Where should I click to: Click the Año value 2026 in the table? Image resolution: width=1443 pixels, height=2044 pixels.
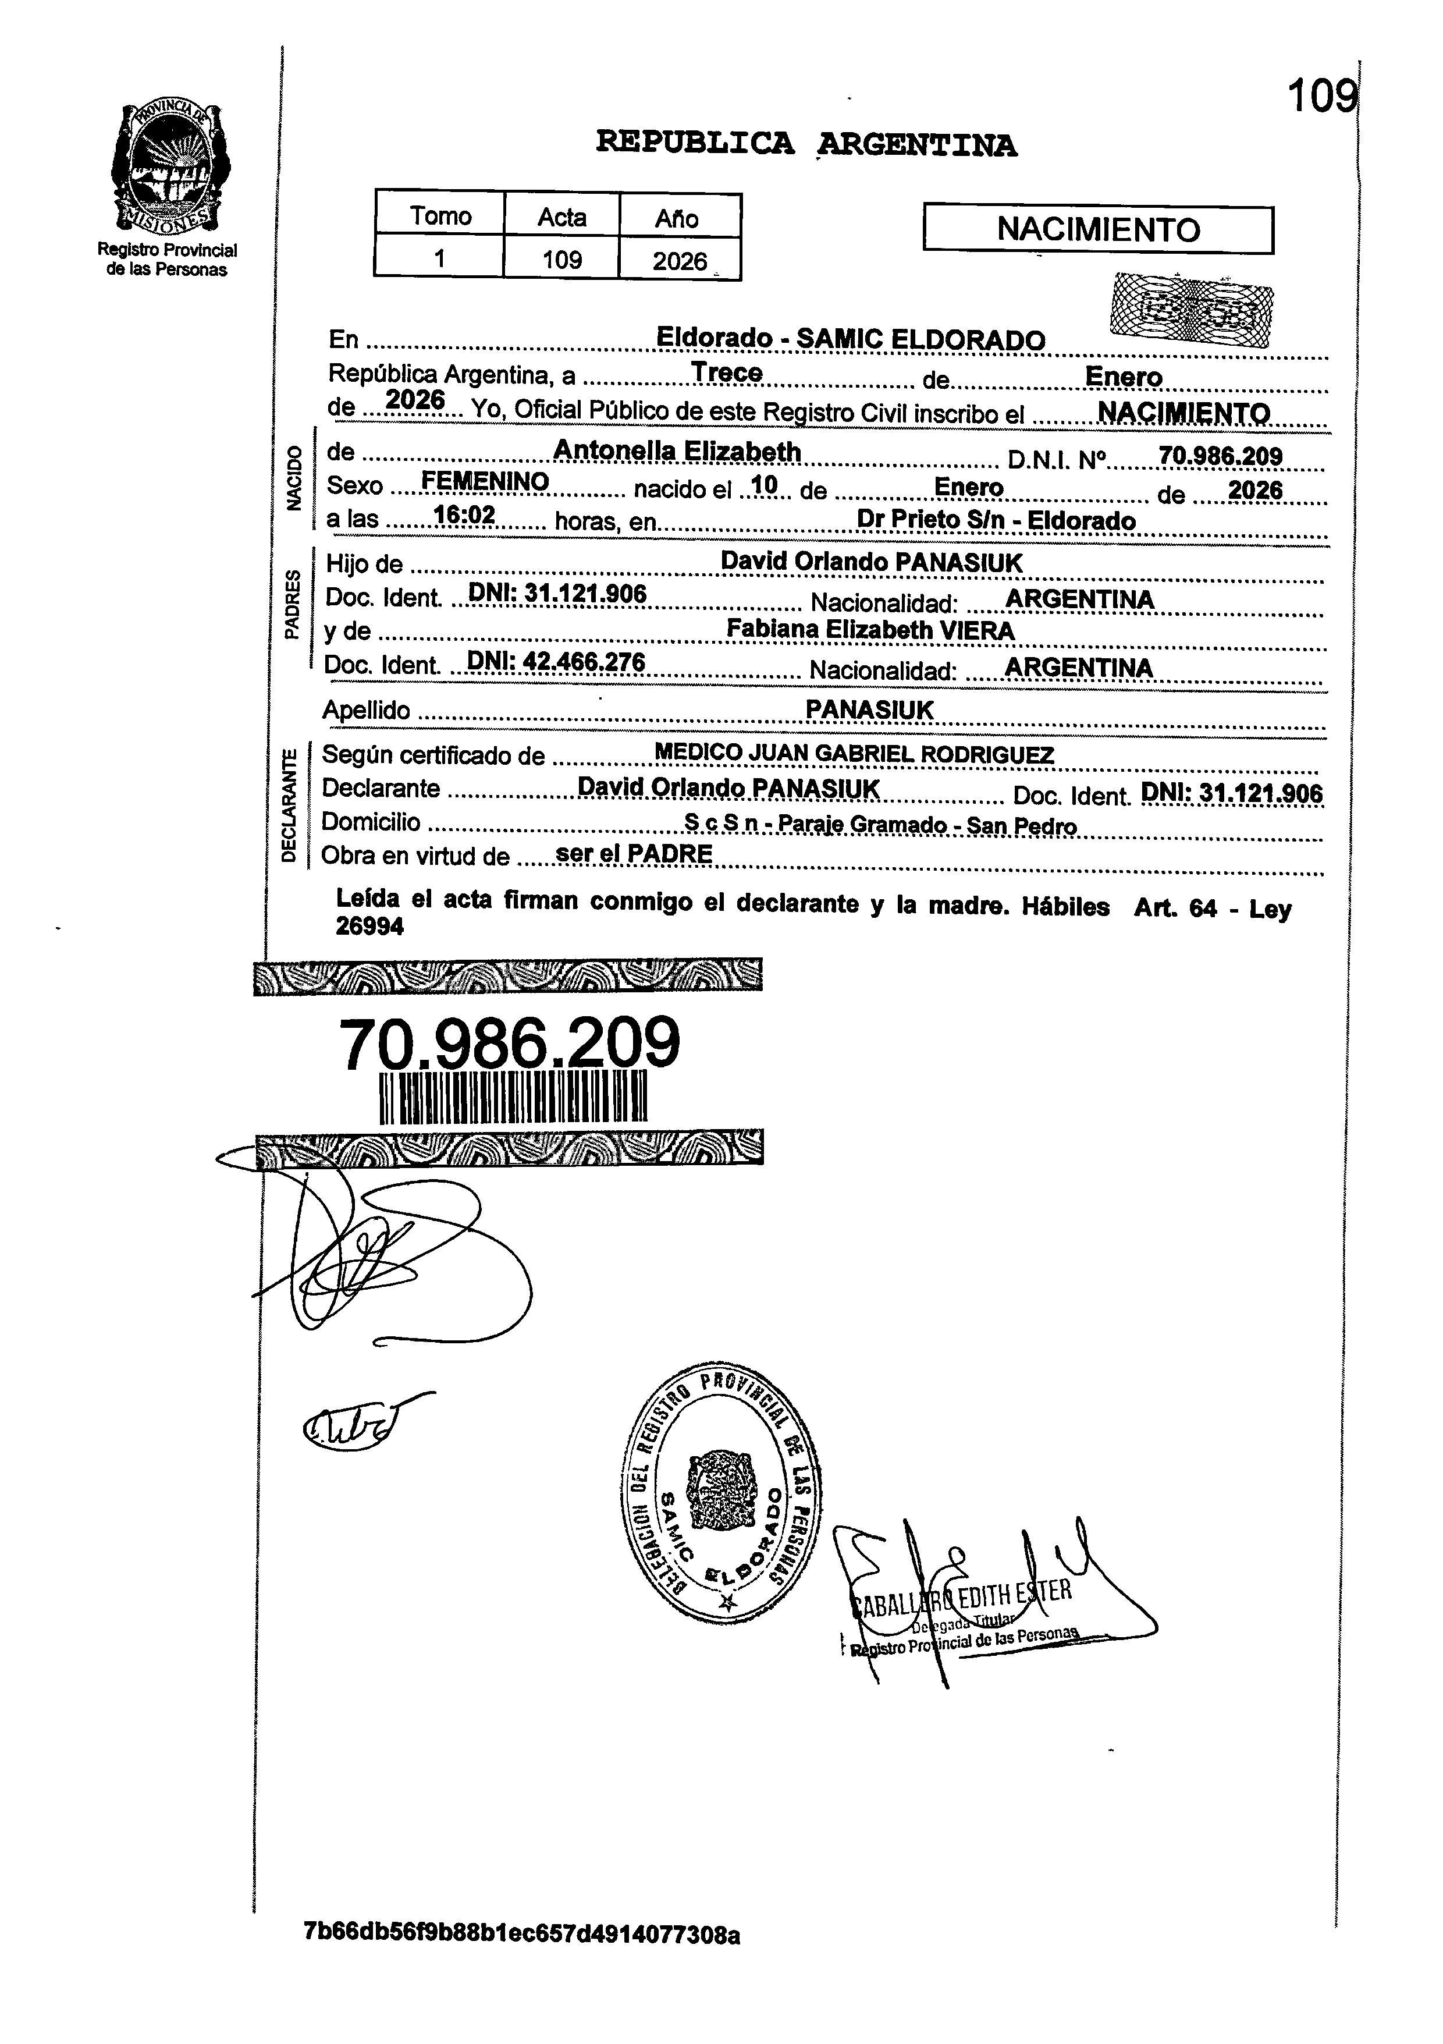(679, 261)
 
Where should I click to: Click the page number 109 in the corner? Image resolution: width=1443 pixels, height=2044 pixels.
(1322, 96)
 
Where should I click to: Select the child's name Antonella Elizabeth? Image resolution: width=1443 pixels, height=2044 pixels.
(677, 452)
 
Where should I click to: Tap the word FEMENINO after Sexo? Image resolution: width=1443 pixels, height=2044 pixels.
(484, 482)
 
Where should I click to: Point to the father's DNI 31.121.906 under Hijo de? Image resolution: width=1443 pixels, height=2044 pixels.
(557, 594)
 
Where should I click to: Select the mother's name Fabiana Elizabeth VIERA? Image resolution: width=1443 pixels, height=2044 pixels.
(870, 630)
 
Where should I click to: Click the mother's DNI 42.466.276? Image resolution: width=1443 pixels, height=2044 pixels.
(556, 662)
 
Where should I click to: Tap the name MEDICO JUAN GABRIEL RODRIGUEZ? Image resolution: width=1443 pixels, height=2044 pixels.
(854, 754)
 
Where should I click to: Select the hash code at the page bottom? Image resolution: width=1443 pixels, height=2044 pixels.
(522, 1935)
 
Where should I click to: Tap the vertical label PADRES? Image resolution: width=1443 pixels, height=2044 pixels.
(291, 605)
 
